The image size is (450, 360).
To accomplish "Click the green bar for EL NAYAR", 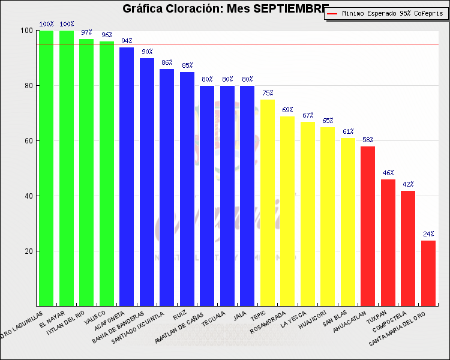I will point(67,168).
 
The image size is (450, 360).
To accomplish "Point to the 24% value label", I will point(428,234).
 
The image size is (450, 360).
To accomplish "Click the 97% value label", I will point(86,32).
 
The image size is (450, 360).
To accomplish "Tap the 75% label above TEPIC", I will point(267,93).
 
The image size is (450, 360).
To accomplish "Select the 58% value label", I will point(368,140).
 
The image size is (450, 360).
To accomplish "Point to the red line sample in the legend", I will point(334,13).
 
